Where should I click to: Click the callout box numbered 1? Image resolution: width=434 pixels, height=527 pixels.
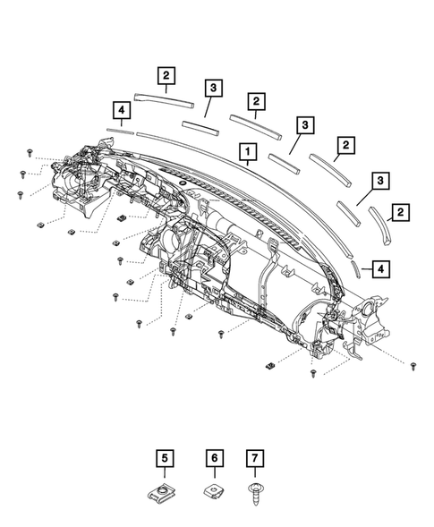(x=243, y=152)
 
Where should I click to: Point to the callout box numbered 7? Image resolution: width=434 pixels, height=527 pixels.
(x=255, y=458)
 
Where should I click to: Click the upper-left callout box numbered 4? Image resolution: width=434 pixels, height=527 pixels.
(x=120, y=109)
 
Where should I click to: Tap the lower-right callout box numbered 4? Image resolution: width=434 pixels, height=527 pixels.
(x=380, y=267)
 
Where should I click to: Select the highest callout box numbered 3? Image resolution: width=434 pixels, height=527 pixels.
(x=212, y=87)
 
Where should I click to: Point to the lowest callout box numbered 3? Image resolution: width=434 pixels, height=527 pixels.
(x=380, y=182)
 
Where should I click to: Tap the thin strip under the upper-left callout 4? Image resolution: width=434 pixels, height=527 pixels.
(x=118, y=130)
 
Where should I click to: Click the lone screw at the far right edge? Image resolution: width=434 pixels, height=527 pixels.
(x=413, y=367)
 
